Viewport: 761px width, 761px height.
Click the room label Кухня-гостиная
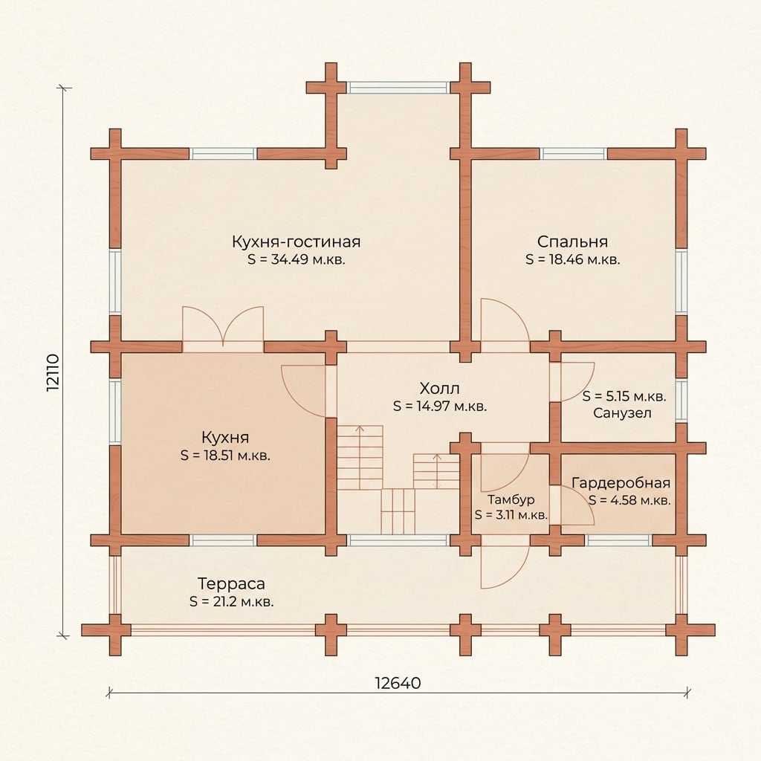click(x=296, y=242)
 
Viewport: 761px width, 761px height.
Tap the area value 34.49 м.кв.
click(x=308, y=259)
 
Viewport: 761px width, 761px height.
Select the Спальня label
click(x=572, y=242)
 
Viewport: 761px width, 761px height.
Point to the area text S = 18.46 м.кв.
click(x=573, y=259)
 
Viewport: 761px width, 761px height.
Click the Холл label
click(x=440, y=388)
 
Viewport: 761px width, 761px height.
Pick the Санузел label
click(x=622, y=413)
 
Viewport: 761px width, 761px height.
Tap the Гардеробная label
click(x=621, y=483)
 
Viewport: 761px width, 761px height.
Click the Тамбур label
click(x=511, y=499)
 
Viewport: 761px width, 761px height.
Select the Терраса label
click(x=231, y=583)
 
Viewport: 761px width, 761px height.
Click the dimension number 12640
click(x=398, y=683)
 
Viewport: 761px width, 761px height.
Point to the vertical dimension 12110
click(x=53, y=373)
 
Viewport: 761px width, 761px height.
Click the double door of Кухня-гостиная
click(x=223, y=326)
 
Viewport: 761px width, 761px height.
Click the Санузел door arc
click(x=577, y=382)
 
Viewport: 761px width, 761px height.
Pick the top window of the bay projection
click(x=398, y=88)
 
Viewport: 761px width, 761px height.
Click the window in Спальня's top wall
click(x=573, y=154)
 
